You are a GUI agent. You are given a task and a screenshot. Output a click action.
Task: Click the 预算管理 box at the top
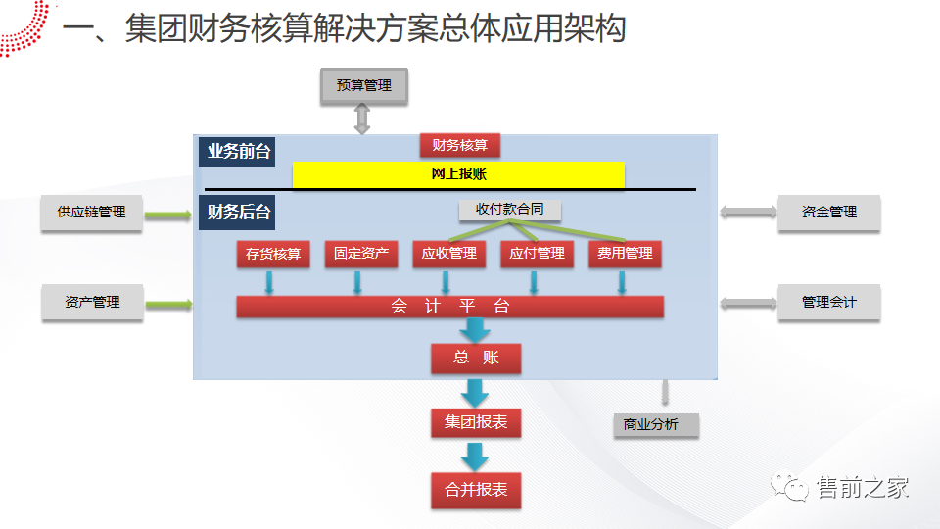[x=363, y=85]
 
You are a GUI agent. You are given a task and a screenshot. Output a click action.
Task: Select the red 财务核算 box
[x=460, y=145]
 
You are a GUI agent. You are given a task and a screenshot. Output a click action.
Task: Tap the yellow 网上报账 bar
[x=458, y=174]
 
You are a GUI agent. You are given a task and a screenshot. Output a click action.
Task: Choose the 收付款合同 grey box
[x=509, y=210]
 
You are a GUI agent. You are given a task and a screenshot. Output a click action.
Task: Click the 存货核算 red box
[x=273, y=254]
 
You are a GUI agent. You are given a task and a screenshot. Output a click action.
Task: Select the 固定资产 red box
[x=361, y=254]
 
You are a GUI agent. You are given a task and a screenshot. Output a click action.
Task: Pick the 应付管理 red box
[x=537, y=254]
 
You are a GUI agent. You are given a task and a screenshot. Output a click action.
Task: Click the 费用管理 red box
[x=625, y=254]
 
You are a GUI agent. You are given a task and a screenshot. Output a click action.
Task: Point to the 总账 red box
[x=476, y=358]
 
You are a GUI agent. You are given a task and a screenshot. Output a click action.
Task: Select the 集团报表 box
[x=476, y=423]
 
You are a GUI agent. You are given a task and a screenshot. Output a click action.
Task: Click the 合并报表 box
[x=476, y=490]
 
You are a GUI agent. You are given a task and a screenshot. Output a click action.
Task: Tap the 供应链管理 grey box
[x=91, y=213]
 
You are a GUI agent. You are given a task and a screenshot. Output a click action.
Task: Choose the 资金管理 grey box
[x=828, y=213]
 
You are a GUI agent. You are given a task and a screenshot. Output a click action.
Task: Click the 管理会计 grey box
[x=828, y=303]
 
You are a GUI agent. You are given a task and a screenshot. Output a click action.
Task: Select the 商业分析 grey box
[x=650, y=425]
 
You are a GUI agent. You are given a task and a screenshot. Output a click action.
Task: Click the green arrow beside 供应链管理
[x=168, y=213]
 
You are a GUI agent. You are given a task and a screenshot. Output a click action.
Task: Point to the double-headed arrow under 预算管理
[x=362, y=118]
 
